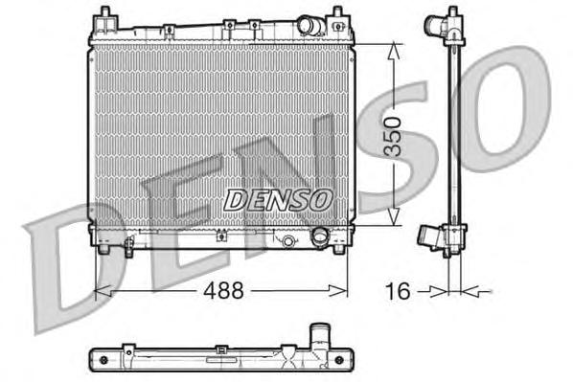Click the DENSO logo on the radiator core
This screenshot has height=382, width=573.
(x=278, y=199)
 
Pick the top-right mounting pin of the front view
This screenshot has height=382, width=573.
(x=338, y=14)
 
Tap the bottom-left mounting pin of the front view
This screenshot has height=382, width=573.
(x=103, y=252)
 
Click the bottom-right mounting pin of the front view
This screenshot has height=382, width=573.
(x=338, y=252)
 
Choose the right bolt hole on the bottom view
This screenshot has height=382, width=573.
(x=342, y=359)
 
